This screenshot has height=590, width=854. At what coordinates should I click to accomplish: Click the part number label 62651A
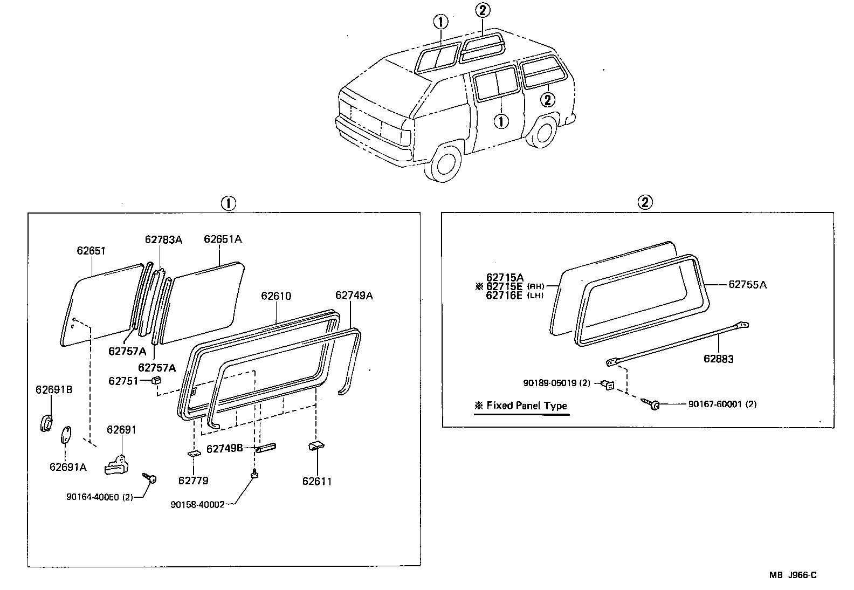pyautogui.click(x=222, y=239)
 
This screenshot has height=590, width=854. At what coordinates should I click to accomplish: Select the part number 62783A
pyautogui.click(x=163, y=239)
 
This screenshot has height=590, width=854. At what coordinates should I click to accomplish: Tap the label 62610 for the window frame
pyautogui.click(x=276, y=296)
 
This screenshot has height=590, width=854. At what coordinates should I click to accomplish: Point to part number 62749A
pyautogui.click(x=354, y=295)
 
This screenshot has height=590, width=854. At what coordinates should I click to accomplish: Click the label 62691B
pyautogui.click(x=54, y=389)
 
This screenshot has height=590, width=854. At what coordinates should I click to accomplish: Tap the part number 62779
pyautogui.click(x=193, y=481)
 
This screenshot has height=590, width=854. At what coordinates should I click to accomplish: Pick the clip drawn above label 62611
pyautogui.click(x=316, y=447)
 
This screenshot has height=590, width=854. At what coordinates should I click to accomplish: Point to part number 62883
pyautogui.click(x=718, y=359)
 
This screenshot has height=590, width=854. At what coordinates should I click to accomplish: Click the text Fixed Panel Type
pyautogui.click(x=526, y=406)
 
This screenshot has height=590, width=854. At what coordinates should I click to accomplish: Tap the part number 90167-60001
pyautogui.click(x=722, y=404)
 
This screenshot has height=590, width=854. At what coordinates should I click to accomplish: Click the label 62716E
pyautogui.click(x=504, y=295)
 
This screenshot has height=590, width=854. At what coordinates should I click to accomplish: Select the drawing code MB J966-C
pyautogui.click(x=793, y=575)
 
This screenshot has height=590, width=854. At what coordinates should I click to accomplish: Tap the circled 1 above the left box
pyautogui.click(x=228, y=203)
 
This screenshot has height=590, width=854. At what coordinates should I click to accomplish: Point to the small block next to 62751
pyautogui.click(x=156, y=381)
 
